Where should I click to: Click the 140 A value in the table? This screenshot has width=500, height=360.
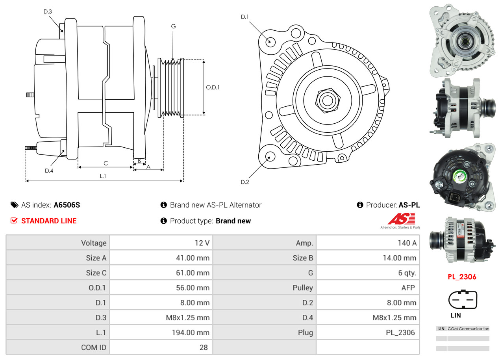[x=407, y=243]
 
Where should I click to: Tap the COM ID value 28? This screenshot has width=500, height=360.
[x=204, y=347]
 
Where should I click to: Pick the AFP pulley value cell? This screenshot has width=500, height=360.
[x=408, y=288]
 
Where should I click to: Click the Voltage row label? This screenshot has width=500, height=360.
[x=94, y=243]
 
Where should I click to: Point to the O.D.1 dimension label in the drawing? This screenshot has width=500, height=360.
[x=213, y=87]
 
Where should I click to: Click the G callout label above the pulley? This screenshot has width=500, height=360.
[x=173, y=26]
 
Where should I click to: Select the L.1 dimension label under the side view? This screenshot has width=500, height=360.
[x=103, y=176]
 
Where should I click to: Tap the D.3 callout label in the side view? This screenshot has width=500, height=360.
[x=48, y=12]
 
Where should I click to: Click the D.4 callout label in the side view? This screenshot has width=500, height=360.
[x=49, y=171]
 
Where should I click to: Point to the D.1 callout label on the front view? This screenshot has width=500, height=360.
[x=245, y=17]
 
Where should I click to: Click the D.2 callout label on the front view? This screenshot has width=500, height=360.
[x=245, y=182]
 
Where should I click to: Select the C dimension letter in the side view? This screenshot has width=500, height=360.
[x=106, y=163]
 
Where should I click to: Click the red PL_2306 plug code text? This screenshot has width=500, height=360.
[x=462, y=277]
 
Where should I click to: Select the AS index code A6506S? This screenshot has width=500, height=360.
[x=67, y=205]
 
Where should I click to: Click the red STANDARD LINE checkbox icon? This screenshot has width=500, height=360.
[x=14, y=221]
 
